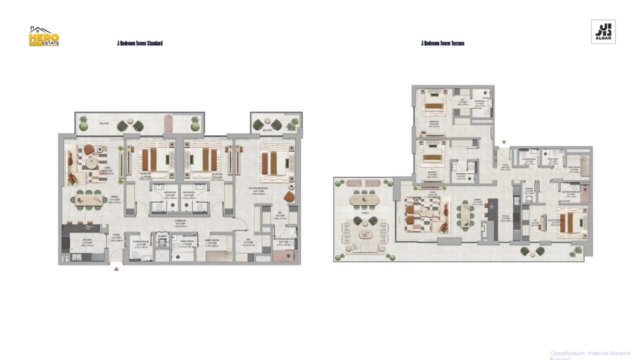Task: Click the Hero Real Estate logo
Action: [44, 36]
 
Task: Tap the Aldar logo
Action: [603, 32]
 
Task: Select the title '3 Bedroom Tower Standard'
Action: [139, 43]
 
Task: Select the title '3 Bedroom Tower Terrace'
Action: [442, 43]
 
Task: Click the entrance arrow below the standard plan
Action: [116, 269]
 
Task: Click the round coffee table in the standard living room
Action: [91, 163]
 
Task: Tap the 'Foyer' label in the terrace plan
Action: [505, 167]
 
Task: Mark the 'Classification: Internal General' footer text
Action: [589, 353]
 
